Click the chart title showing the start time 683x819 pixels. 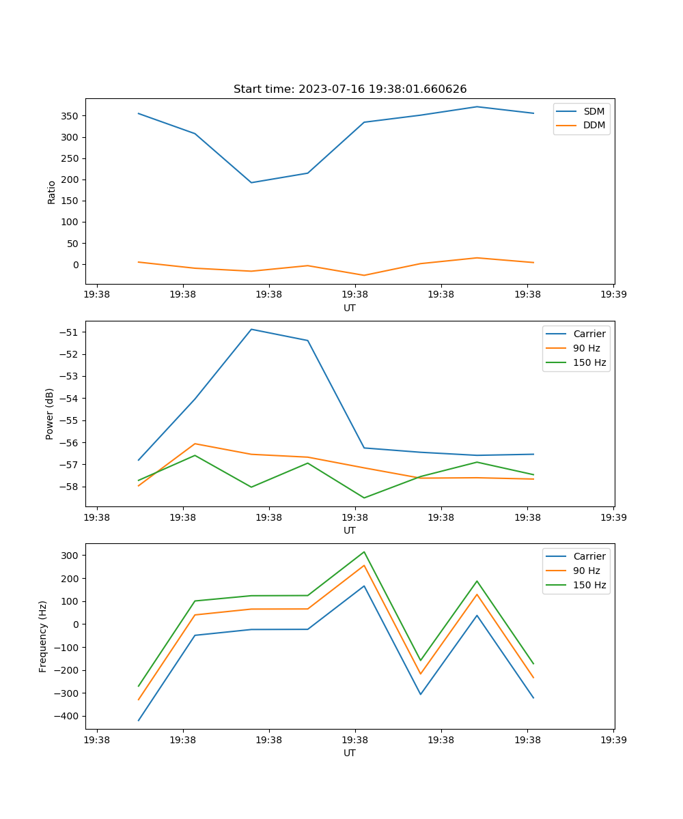click(350, 89)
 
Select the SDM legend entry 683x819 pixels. click(594, 111)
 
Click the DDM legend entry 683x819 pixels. click(594, 126)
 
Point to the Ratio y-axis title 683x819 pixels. click(52, 192)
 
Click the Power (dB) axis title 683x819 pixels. click(50, 414)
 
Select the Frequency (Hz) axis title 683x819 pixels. click(43, 637)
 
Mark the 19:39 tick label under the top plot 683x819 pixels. click(613, 296)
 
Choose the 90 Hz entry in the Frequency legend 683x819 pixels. click(586, 571)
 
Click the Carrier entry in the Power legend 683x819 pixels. click(589, 334)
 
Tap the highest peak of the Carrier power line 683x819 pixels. click(251, 330)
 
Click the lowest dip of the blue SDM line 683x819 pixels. click(251, 182)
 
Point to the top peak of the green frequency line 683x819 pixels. click(364, 551)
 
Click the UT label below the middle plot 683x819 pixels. click(350, 530)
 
